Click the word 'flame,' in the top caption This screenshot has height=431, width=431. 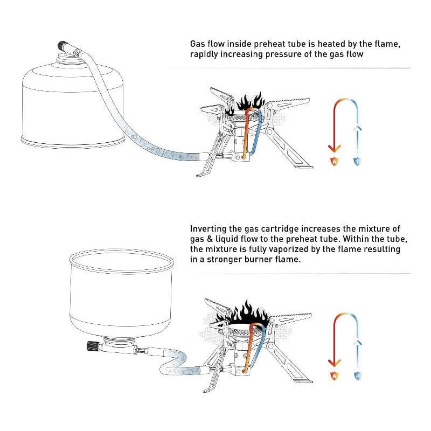tap(387, 44)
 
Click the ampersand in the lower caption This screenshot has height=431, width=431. tap(210, 239)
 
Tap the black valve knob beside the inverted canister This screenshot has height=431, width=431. tap(92, 345)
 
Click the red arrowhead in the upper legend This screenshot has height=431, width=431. tap(334, 149)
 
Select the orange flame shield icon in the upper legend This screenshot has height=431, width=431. tap(334, 161)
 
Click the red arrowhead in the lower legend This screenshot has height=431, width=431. tap(334, 363)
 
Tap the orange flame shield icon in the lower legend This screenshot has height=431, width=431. tap(334, 376)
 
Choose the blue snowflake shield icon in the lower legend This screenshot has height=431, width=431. tap(357, 376)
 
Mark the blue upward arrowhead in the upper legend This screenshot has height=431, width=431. tap(357, 128)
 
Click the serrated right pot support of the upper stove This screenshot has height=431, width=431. tap(289, 104)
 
